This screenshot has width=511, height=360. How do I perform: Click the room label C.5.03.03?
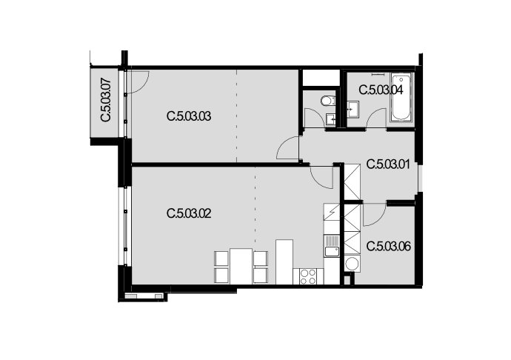pyautogui.click(x=189, y=116)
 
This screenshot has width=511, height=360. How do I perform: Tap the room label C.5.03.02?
pyautogui.click(x=189, y=213)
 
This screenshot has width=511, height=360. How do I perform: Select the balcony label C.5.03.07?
pyautogui.click(x=106, y=100)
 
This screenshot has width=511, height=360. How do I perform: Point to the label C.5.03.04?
pyautogui.click(x=381, y=90)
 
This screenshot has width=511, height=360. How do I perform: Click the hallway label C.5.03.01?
pyautogui.click(x=389, y=164)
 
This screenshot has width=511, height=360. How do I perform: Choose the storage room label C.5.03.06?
pyautogui.click(x=389, y=246)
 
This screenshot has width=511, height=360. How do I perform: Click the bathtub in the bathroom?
pyautogui.click(x=401, y=98)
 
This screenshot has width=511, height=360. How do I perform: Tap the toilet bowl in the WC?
pyautogui.click(x=327, y=101)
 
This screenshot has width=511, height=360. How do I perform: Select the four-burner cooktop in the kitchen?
pyautogui.click(x=308, y=276)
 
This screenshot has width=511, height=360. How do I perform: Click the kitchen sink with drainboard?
pyautogui.click(x=332, y=245)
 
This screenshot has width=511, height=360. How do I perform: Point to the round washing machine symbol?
pyautogui.click(x=353, y=264)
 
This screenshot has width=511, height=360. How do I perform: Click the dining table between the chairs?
pyautogui.click(x=241, y=266)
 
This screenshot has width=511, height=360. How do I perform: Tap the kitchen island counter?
pyautogui.click(x=284, y=262)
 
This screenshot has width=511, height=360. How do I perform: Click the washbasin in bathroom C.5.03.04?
pyautogui.click(x=353, y=109)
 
